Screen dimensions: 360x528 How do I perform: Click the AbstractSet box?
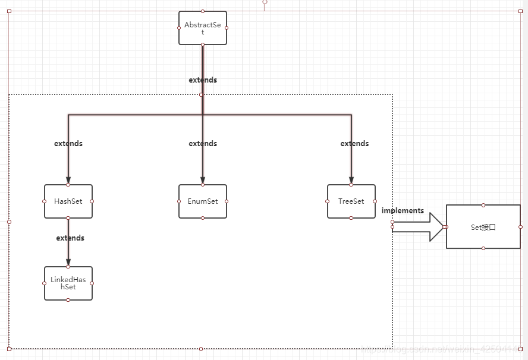pyautogui.click(x=202, y=28)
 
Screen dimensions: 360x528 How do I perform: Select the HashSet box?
pyautogui.click(x=68, y=201)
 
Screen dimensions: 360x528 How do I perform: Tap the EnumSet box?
pyautogui.click(x=203, y=201)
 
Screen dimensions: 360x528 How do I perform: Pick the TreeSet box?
pyautogui.click(x=351, y=201)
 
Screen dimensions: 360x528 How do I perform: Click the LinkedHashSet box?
pyautogui.click(x=68, y=283)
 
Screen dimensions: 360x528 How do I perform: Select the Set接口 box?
pyautogui.click(x=483, y=227)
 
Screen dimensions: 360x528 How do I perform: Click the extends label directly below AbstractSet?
pyautogui.click(x=203, y=80)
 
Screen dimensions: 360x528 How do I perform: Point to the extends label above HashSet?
pyautogui.click(x=68, y=143)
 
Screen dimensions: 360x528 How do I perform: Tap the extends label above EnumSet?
pyautogui.click(x=203, y=143)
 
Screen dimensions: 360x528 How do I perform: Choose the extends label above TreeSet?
pyautogui.click(x=354, y=143)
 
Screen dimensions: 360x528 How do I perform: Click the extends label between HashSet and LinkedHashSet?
pyautogui.click(x=70, y=238)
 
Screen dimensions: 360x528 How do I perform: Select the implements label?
pyautogui.click(x=403, y=210)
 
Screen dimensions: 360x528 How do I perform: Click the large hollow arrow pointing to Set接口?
pyautogui.click(x=419, y=227)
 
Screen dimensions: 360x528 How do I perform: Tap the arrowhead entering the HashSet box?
pyautogui.click(x=68, y=180)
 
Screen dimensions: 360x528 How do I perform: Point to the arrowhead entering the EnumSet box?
pyautogui.click(x=203, y=180)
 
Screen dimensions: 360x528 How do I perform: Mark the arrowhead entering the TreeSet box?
pyautogui.click(x=351, y=180)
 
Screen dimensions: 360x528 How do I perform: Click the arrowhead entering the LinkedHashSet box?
pyautogui.click(x=68, y=262)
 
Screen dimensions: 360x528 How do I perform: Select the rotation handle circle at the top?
pyautogui.click(x=265, y=2)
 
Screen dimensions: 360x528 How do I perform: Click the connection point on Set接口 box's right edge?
pyautogui.click(x=520, y=227)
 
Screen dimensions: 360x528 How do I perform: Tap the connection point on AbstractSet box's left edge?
pyautogui.click(x=179, y=28)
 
